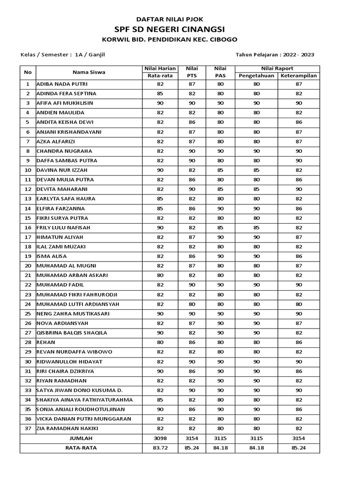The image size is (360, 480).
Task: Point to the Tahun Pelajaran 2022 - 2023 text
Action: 275,54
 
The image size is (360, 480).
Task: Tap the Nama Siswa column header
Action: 89,72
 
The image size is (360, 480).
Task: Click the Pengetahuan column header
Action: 256,75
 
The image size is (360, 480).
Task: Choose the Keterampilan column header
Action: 299,75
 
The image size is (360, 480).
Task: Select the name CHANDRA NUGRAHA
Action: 64,151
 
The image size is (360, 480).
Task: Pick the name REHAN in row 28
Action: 46,342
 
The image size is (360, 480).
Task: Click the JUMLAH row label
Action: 81,438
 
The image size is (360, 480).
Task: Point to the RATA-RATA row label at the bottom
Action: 81,448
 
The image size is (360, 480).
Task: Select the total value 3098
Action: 160,438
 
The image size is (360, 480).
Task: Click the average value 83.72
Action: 160,448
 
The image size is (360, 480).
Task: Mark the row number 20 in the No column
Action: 28,266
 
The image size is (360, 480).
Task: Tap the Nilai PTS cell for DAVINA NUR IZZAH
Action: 192,170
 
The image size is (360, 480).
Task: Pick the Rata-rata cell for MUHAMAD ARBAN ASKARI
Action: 160,275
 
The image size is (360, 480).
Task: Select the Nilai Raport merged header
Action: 277,68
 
